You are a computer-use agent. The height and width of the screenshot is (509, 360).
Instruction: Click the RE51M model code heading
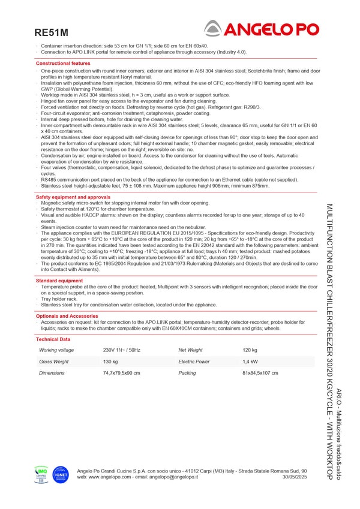pyautogui.click(x=52, y=32)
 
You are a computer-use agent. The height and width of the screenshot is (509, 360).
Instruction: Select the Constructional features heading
pyautogui.click(x=63, y=63)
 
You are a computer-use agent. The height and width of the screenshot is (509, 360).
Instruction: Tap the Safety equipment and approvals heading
pyautogui.click(x=73, y=197)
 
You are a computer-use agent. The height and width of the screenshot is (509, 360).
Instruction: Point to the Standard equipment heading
pyautogui.click(x=59, y=280)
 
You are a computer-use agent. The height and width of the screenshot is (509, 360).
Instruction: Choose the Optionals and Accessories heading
pyautogui.click(x=67, y=315)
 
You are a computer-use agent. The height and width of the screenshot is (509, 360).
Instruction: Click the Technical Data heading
pyautogui.click(x=53, y=339)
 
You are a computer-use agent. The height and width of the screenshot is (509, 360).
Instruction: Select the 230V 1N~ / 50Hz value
pyautogui.click(x=121, y=350)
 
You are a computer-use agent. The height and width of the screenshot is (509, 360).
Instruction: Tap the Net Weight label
pyautogui.click(x=190, y=350)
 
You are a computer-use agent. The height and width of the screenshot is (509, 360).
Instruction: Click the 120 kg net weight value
pyautogui.click(x=250, y=350)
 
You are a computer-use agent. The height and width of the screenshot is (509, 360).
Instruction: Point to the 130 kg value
pyautogui.click(x=110, y=362)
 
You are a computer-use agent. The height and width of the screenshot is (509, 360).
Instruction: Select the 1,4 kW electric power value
pyautogui.click(x=250, y=362)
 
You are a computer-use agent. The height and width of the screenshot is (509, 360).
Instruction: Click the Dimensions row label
pyautogui.click(x=52, y=373)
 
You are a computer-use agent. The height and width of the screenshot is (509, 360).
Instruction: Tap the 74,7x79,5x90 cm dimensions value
pyautogui.click(x=121, y=373)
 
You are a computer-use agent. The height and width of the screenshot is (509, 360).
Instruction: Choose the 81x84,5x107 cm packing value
pyautogui.click(x=260, y=373)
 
